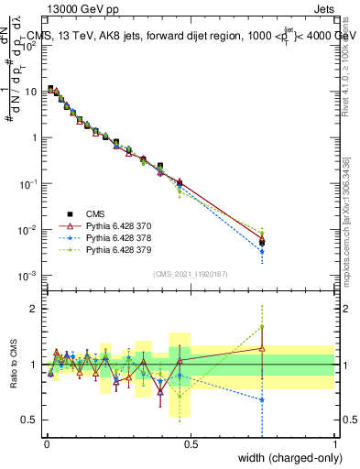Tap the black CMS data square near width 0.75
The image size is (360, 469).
pos(262,242)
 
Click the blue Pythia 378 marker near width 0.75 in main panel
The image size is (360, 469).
pos(262,251)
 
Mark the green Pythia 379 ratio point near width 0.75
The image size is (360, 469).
pos(262,327)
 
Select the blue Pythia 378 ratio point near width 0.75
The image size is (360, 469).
pos(262,399)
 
